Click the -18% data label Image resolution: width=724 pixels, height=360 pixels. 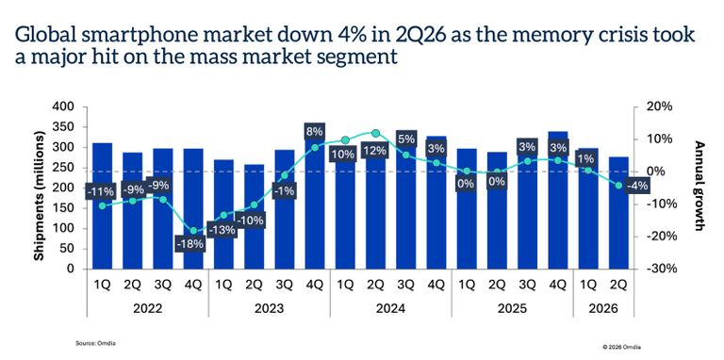click(191, 244)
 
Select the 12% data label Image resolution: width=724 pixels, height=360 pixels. click(374, 151)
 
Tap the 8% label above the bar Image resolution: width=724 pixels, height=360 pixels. click(314, 132)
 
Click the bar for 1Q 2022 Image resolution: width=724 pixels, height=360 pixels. click(102, 205)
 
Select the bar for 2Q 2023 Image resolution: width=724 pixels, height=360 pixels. click(254, 217)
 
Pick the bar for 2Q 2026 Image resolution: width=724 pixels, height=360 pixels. click(618, 213)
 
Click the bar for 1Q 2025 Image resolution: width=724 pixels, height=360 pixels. click(467, 208)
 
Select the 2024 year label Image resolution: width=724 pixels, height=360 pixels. click(390, 308)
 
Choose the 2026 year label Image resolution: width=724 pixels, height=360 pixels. click(603, 308)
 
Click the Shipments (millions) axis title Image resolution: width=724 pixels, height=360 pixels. click(40, 196)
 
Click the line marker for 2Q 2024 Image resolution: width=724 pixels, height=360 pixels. click(375, 134)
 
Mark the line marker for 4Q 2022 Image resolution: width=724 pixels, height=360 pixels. click(193, 231)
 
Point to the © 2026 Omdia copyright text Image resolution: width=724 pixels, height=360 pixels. click(621, 346)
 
